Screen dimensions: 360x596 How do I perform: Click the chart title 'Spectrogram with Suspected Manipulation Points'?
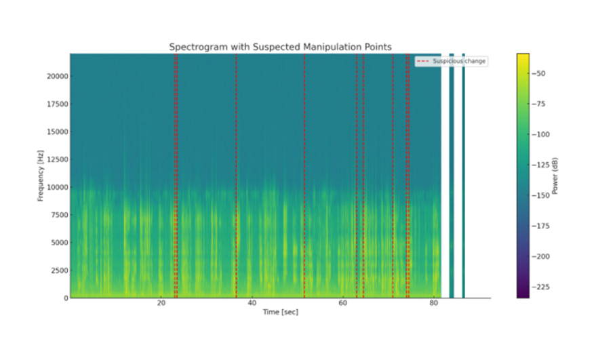click(280, 47)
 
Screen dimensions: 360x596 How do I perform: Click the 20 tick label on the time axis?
click(161, 303)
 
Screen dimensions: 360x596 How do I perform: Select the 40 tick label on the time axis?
click(252, 303)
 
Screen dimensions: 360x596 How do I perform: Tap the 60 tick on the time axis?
click(343, 303)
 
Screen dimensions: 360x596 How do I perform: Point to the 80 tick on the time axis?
click(434, 303)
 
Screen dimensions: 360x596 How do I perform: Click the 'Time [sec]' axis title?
click(280, 312)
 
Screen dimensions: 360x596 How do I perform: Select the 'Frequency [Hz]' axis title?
click(41, 176)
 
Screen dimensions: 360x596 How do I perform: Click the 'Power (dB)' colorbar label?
click(555, 176)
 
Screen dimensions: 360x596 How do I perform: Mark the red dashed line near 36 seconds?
click(236, 176)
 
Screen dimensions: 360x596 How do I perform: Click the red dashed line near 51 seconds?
click(304, 176)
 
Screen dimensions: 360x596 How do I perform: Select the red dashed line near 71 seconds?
click(393, 176)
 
